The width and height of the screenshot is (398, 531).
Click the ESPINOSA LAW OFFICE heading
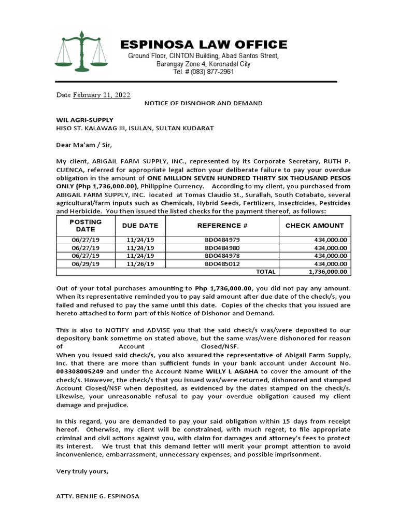[x=204, y=45]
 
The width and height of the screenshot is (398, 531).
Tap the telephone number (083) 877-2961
[x=204, y=72]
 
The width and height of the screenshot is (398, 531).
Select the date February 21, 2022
[x=102, y=95]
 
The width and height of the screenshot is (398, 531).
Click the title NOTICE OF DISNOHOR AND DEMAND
[x=203, y=103]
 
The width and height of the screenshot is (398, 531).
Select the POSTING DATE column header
[x=86, y=226]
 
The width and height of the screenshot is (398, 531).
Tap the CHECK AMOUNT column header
[x=315, y=226]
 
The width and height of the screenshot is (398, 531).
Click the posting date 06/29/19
[x=86, y=263]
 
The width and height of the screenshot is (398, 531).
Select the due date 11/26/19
[x=140, y=263]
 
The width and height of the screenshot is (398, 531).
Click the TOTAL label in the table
[x=266, y=271]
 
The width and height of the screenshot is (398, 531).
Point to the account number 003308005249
[x=80, y=372]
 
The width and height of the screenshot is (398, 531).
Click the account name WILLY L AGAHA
[x=233, y=372]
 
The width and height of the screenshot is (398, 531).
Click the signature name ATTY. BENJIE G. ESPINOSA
[x=97, y=496]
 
